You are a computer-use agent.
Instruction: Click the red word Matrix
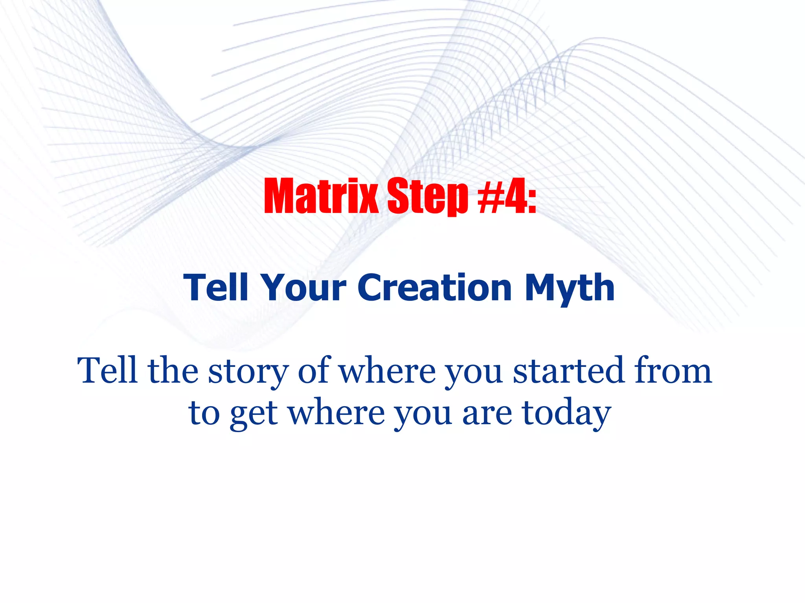[321, 196]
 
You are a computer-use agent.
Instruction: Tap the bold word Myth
[570, 289]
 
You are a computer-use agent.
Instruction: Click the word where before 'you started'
[388, 371]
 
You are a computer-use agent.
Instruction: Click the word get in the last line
[254, 414]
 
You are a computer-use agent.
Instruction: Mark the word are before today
[487, 414]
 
